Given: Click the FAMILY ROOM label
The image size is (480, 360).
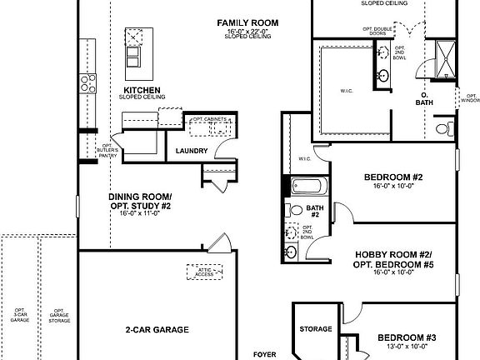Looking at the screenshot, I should click(247, 22).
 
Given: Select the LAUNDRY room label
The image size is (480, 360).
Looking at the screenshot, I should click(191, 151).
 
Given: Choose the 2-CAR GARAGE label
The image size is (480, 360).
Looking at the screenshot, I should click(152, 329).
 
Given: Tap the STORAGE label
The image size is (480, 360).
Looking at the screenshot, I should click(316, 329).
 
